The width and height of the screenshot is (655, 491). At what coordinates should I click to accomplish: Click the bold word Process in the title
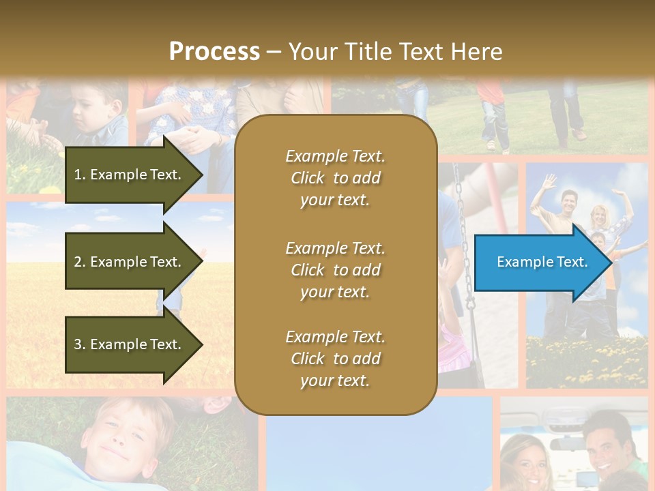214,52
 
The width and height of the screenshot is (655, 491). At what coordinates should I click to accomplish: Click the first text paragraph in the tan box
335,178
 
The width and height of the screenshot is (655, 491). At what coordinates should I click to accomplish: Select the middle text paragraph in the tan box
335,269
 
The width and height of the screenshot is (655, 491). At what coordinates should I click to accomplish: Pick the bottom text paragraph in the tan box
335,359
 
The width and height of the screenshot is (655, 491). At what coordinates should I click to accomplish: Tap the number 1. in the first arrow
80,175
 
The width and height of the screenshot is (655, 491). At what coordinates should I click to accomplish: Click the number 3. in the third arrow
80,344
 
